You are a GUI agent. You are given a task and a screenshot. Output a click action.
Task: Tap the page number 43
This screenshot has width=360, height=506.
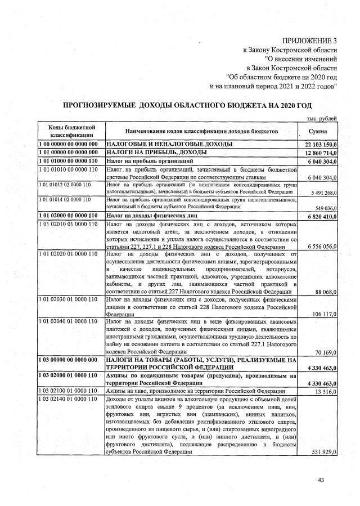point(321,479)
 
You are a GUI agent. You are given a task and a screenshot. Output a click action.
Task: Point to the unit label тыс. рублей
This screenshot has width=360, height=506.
point(321,118)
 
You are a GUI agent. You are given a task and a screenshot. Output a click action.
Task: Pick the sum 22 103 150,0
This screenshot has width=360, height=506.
point(319,145)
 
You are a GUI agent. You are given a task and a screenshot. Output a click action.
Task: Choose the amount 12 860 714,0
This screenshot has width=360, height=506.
point(319,153)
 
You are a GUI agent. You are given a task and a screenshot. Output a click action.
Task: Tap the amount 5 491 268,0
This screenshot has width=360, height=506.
point(321,191)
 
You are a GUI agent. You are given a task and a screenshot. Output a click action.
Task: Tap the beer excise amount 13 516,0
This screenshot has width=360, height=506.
point(325,391)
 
